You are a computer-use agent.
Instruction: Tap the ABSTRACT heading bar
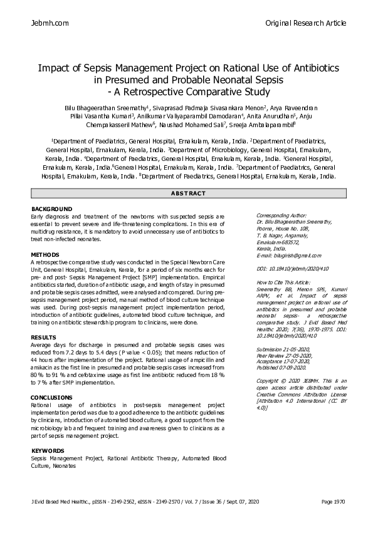click(x=186, y=193)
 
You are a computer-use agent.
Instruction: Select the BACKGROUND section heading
click(x=52, y=209)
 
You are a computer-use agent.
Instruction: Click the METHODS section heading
click(x=45, y=255)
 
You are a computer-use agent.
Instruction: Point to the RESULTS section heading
click(x=44, y=337)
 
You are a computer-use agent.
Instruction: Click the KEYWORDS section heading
click(x=48, y=451)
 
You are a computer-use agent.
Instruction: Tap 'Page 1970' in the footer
click(x=333, y=519)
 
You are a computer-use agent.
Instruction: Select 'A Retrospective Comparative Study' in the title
click(x=191, y=92)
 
